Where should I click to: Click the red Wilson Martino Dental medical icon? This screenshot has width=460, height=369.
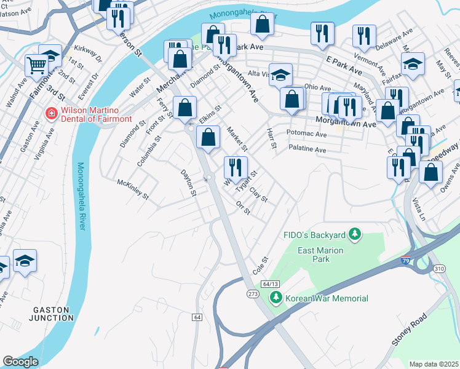coord(52,113)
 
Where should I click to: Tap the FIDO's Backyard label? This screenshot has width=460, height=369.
coord(314,234)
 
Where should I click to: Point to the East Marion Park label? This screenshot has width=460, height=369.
coord(321,255)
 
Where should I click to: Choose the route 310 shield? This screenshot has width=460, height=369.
coord(438,269)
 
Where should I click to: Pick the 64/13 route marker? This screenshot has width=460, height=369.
coord(270,284)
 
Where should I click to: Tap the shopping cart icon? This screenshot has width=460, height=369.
coord(36,65)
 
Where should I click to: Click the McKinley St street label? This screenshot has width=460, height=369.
coord(133,189)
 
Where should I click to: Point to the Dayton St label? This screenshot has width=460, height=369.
coord(188,183)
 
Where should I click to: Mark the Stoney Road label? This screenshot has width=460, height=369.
coord(409,329)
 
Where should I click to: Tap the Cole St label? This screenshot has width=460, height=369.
coord(261,266)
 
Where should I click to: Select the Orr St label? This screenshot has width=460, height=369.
coord(243,208)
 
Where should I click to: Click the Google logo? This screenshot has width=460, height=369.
coord(20,362)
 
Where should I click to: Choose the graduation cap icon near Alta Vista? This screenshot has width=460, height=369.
coord(280,75)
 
